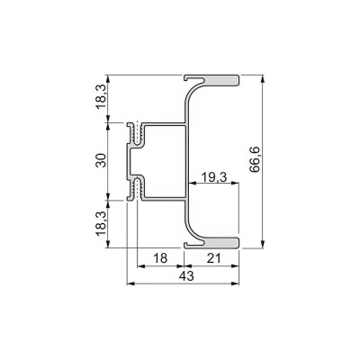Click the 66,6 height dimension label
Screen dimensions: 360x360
[255, 159]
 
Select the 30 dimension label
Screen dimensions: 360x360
[101, 160]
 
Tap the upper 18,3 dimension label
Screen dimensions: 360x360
[101, 96]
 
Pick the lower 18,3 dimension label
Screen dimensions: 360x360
[101, 223]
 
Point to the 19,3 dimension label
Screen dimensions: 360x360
[213, 177]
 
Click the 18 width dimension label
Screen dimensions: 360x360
[160, 258]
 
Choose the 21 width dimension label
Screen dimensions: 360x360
[214, 258]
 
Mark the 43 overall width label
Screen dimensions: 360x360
[186, 276]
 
